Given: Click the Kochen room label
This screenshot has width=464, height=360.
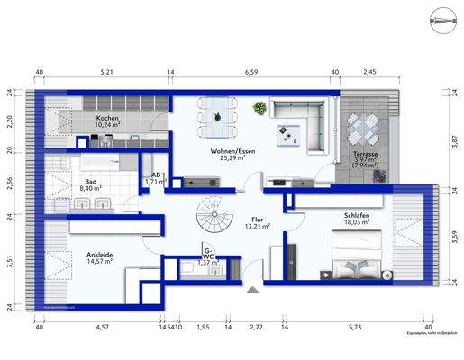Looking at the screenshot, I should click(108, 118).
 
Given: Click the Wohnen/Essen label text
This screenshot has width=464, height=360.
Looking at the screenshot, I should click(232, 152).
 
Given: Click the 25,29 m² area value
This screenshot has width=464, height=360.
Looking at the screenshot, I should click(232, 160).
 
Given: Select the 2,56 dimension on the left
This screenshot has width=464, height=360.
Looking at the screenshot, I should click(10, 181).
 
